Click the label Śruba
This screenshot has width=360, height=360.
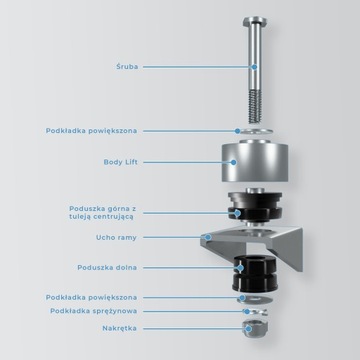[127, 67]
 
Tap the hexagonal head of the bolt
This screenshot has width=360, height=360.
[255, 22]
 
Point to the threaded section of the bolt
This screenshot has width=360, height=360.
[255, 106]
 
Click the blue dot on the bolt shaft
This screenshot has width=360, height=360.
[254, 67]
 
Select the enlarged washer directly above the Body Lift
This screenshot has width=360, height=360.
[254, 131]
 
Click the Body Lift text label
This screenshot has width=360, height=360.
[121, 162]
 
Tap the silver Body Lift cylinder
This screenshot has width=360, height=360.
[255, 162]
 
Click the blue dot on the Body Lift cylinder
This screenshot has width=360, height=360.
[233, 162]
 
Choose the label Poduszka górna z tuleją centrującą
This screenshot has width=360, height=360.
[103, 213]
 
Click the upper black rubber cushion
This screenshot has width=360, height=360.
[255, 207]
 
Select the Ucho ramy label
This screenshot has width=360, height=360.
[116, 238]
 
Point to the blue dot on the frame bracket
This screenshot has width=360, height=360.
[208, 237]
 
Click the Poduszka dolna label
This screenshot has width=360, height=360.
[107, 268]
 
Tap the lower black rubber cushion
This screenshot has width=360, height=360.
[255, 273]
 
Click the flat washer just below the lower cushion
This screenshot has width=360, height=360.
[255, 299]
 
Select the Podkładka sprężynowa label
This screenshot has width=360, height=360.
[94, 311]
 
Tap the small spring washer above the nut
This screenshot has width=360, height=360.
[255, 312]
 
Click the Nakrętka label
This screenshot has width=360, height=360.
[119, 328]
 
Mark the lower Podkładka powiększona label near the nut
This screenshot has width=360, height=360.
[91, 297]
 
